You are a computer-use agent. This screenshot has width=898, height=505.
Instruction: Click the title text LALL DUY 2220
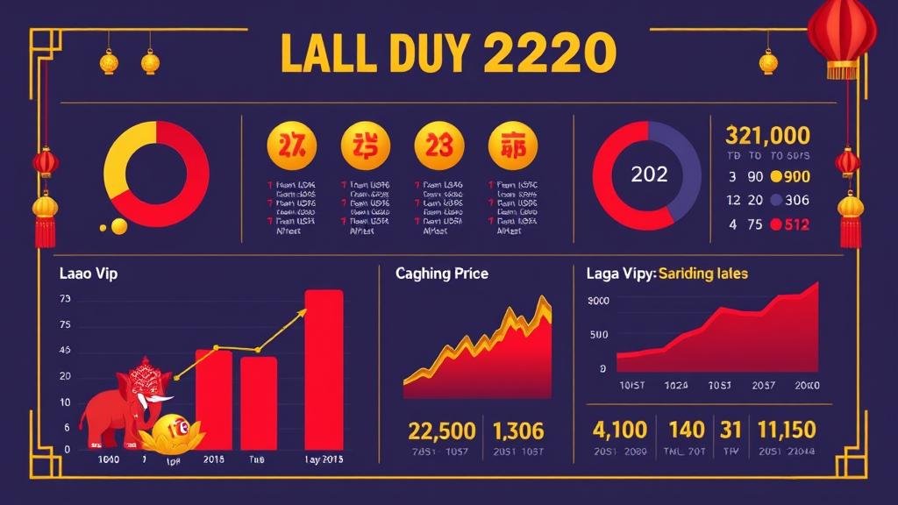pos(442,54)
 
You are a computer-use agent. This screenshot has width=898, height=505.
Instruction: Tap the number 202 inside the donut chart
pos(649,174)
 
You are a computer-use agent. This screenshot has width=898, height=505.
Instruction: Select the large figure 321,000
pos(767,135)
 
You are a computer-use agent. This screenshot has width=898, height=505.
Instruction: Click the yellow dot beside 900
pos(775,175)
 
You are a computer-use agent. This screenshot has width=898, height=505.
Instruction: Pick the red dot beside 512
pos(775,224)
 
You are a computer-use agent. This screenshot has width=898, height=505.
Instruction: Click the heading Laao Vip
pos(88,274)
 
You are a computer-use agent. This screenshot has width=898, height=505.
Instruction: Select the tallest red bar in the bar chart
pos(324,368)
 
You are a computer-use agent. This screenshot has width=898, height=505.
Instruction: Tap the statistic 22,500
pos(442,430)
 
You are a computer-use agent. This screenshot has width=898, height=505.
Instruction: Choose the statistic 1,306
pos(518,430)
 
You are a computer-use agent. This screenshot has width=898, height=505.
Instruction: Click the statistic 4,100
pos(620,430)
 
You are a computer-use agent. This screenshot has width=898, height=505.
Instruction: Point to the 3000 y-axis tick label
pos(597,302)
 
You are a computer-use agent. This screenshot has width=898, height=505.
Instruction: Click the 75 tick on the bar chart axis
pos(65,325)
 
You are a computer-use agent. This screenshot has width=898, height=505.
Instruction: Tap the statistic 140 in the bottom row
pos(687,430)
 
